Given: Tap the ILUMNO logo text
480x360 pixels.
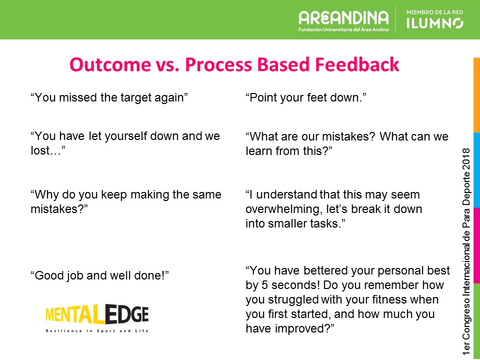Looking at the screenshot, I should pyautogui.click(x=434, y=23).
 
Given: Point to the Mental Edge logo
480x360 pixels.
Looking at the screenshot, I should pyautogui.click(x=97, y=314).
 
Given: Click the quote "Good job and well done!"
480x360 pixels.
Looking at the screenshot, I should pyautogui.click(x=100, y=274).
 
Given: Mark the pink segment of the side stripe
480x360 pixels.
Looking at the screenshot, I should pyautogui.click(x=476, y=245).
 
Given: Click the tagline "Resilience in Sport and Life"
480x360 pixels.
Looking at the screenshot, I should pyautogui.click(x=97, y=330).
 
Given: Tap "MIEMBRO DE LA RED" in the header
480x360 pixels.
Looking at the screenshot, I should pyautogui.click(x=434, y=11).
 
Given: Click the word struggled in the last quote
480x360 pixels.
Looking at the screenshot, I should pyautogui.click(x=288, y=300).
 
